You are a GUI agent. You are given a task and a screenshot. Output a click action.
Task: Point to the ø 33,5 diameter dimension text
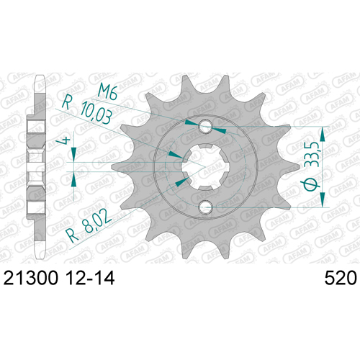[x=312, y=166]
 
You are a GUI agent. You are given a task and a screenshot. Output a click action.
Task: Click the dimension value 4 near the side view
[x=63, y=140]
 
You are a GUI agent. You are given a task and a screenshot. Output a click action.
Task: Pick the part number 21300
[x=31, y=278]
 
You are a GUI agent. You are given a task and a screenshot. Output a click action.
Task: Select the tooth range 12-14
[x=91, y=278]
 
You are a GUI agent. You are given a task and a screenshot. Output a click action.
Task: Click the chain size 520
[x=341, y=278]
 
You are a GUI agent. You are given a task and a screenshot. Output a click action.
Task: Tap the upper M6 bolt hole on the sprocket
[x=205, y=126]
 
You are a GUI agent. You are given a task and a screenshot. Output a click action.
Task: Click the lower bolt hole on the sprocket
[x=205, y=206]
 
